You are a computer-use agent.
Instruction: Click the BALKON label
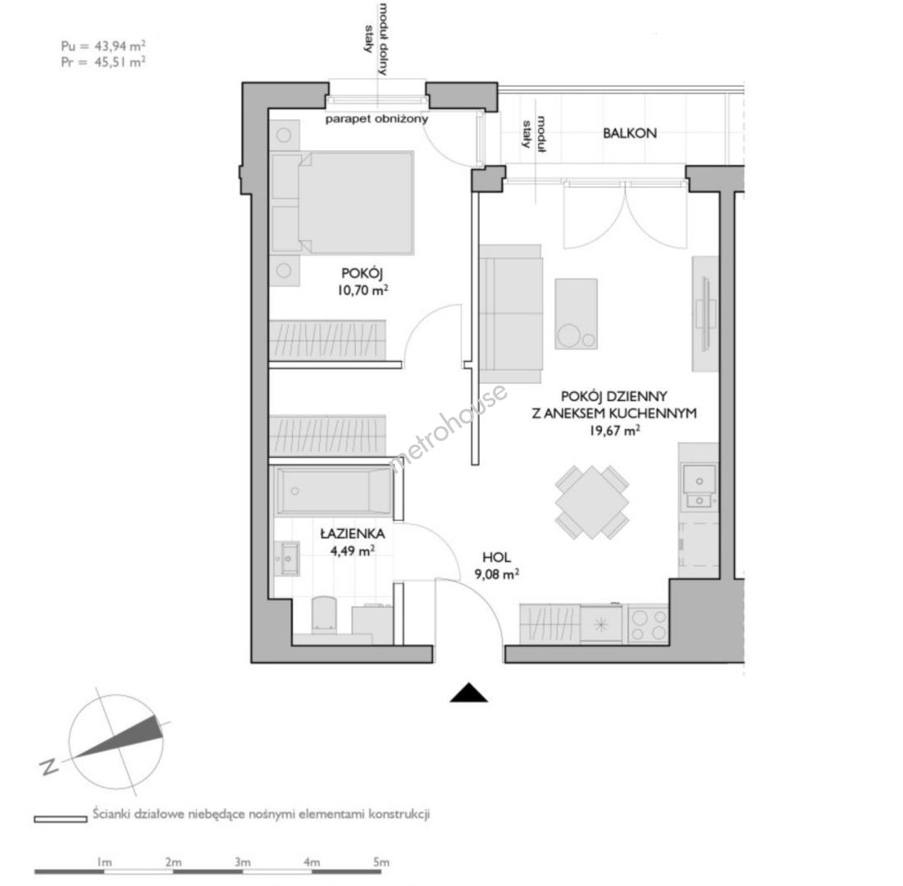click(x=629, y=133)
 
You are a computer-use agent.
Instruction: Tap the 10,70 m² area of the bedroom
click(x=363, y=290)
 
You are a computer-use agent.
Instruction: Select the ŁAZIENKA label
click(x=353, y=533)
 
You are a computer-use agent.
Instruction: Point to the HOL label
click(x=496, y=557)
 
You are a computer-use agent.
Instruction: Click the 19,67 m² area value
click(x=614, y=430)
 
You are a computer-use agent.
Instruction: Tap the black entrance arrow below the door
click(x=469, y=692)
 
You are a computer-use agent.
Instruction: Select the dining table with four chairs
click(x=592, y=502)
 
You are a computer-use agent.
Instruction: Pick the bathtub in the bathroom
click(x=334, y=491)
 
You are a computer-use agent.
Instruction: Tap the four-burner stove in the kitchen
click(x=648, y=624)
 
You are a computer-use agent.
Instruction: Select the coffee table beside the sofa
click(x=576, y=314)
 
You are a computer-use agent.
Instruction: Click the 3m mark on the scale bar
click(x=243, y=862)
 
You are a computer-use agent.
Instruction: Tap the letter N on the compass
click(x=49, y=767)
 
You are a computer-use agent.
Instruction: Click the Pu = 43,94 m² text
click(x=103, y=45)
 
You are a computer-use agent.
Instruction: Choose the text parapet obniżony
click(x=376, y=119)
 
